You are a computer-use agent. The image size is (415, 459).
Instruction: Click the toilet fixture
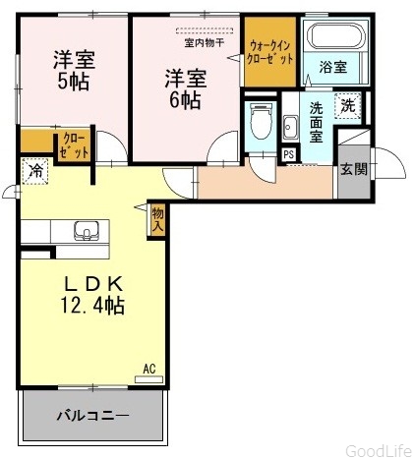pyautogui.click(x=261, y=121)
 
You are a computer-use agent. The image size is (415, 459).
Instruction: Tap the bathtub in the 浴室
pyautogui.click(x=338, y=36)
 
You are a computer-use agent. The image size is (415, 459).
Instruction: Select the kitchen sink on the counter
pyautogui.click(x=87, y=231)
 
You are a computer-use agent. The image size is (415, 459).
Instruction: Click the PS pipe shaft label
pyautogui.click(x=289, y=154)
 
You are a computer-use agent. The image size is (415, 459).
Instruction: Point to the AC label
pyautogui.click(x=149, y=369)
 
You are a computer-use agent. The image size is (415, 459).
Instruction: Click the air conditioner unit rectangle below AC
pyautogui.click(x=149, y=379)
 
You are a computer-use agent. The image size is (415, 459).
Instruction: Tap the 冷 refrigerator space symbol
pyautogui.click(x=35, y=171)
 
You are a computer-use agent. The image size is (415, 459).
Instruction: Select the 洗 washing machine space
pyautogui.click(x=348, y=106)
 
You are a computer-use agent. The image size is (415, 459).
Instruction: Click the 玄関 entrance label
pyautogui.click(x=353, y=169)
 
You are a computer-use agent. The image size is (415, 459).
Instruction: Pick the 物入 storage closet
pyautogui.click(x=157, y=219)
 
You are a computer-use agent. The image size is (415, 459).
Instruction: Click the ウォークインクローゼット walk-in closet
pyautogui.click(x=270, y=52)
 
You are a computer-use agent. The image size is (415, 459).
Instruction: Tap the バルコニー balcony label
pyautogui.click(x=93, y=417)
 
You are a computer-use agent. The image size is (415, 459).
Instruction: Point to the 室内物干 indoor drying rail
pyautogui.click(x=205, y=30)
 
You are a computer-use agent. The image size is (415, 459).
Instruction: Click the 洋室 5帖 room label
pyautogui.click(x=74, y=70)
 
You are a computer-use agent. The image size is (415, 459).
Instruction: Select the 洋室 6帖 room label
pyautogui.click(x=185, y=88)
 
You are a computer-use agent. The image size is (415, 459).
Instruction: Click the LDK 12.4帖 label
pyautogui.click(x=93, y=295)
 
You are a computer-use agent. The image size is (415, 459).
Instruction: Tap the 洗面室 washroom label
pyautogui.click(x=317, y=122)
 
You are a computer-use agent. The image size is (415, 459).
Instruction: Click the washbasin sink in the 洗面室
pyautogui.click(x=290, y=128)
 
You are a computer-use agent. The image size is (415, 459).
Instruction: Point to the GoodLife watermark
pyautogui.click(x=379, y=451)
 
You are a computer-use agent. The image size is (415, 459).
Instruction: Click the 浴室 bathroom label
pyautogui.click(x=333, y=67)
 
